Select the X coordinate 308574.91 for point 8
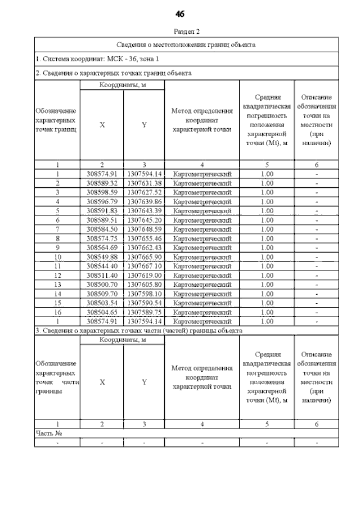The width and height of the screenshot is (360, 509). click(x=102, y=238)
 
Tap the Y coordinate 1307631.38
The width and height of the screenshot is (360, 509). click(x=144, y=183)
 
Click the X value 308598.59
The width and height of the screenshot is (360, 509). click(x=102, y=192)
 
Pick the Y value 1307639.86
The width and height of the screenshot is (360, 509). click(x=144, y=201)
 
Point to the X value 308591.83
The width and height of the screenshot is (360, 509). click(x=102, y=211)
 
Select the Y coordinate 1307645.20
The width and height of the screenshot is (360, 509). click(x=144, y=220)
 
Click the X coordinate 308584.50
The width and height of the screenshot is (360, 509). click(x=102, y=229)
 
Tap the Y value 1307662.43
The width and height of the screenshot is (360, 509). click(x=144, y=247)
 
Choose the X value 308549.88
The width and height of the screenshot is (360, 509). click(x=102, y=257)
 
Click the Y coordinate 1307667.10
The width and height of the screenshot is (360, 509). click(x=144, y=266)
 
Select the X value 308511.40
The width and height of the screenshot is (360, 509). click(x=102, y=276)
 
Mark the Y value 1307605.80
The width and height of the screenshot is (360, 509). click(x=144, y=285)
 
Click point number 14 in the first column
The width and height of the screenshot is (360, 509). click(x=57, y=294)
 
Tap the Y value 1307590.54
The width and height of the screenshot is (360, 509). click(x=144, y=303)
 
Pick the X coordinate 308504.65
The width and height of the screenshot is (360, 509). click(x=102, y=312)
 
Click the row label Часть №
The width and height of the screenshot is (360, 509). click(x=48, y=433)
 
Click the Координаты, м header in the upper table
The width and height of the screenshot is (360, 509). click(x=123, y=85)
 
